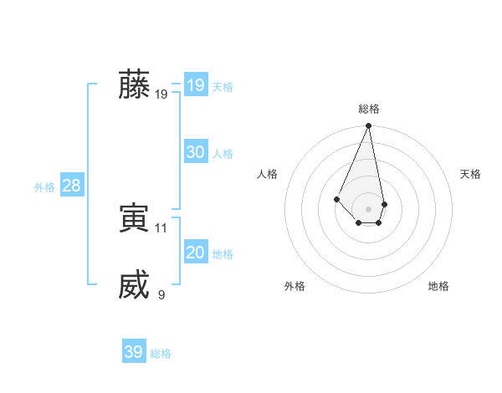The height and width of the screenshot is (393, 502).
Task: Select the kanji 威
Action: [x=134, y=284]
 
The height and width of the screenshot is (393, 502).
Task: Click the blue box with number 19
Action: [x=195, y=85]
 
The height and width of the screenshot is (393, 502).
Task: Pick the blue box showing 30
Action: [x=195, y=152]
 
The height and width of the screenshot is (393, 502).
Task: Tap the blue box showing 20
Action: [x=195, y=253]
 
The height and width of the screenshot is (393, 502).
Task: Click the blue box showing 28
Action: [x=71, y=186]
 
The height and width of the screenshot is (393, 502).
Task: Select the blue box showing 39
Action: [x=133, y=352]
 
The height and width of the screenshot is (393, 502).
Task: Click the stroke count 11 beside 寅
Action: [x=161, y=227]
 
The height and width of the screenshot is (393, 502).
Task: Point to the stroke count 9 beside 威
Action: [x=161, y=294]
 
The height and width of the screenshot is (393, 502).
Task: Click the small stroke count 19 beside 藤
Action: [x=161, y=94]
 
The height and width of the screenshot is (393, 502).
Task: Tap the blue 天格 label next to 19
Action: [x=223, y=87]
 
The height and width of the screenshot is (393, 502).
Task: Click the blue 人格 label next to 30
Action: [x=223, y=154]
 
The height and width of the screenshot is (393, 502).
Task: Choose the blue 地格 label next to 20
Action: [x=223, y=254]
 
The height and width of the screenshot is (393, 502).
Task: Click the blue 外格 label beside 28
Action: [x=44, y=187]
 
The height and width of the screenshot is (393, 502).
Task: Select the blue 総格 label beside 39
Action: [x=161, y=354]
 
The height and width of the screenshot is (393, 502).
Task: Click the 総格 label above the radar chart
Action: [x=368, y=109]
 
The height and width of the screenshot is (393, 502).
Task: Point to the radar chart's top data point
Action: [x=368, y=126]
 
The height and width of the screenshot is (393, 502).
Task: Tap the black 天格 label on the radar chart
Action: [x=470, y=174]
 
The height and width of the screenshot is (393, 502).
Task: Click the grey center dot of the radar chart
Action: [x=368, y=209]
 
